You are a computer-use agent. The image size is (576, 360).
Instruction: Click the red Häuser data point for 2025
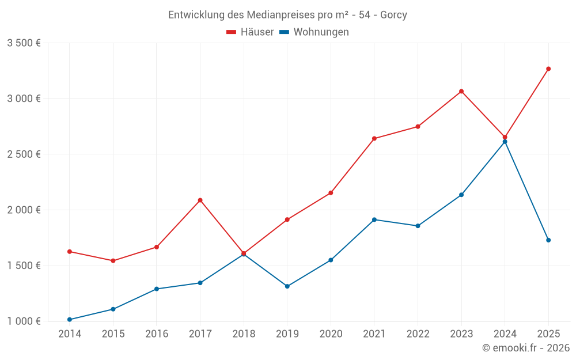click(x=548, y=69)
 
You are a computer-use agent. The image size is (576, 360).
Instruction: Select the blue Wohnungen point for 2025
click(x=548, y=240)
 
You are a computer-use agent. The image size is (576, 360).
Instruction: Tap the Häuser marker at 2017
click(x=200, y=200)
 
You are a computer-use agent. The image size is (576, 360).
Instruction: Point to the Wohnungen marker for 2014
click(x=70, y=320)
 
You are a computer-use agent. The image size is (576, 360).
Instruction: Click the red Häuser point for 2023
click(x=461, y=91)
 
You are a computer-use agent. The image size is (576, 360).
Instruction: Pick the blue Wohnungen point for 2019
click(x=287, y=286)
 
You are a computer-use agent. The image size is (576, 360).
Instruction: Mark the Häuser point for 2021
click(x=374, y=138)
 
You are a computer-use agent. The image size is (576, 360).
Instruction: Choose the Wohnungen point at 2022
click(x=418, y=226)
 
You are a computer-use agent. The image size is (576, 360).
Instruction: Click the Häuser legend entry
click(x=250, y=32)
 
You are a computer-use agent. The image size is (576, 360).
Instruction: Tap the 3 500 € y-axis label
click(x=24, y=43)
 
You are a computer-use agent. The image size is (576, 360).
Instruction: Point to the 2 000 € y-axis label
click(x=24, y=210)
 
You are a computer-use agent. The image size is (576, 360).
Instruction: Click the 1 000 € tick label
click(x=24, y=321)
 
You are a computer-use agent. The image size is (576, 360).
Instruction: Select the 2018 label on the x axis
click(x=244, y=334)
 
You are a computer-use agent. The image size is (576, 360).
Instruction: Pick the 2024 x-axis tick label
click(x=505, y=334)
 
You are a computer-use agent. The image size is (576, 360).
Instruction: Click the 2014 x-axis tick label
click(x=70, y=334)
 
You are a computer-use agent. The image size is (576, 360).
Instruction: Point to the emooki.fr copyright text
click(x=526, y=348)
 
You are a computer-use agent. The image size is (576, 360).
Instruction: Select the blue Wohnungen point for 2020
click(x=331, y=260)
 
